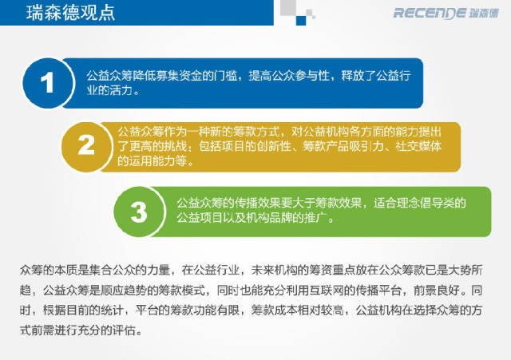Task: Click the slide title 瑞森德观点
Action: pyautogui.click(x=71, y=13)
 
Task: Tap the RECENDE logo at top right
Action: pyautogui.click(x=446, y=13)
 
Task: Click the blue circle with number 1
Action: pyautogui.click(x=48, y=83)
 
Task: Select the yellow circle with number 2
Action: pyautogui.click(x=86, y=147)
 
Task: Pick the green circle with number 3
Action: pyautogui.click(x=139, y=212)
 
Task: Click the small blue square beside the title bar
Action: pyautogui.click(x=301, y=21)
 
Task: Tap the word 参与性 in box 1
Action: pyautogui.click(x=312, y=76)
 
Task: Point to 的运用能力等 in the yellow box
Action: pyautogui.click(x=153, y=160)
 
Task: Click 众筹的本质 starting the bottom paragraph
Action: pyautogui.click(x=49, y=270)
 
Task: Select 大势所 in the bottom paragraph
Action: pyautogui.click(x=465, y=270)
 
